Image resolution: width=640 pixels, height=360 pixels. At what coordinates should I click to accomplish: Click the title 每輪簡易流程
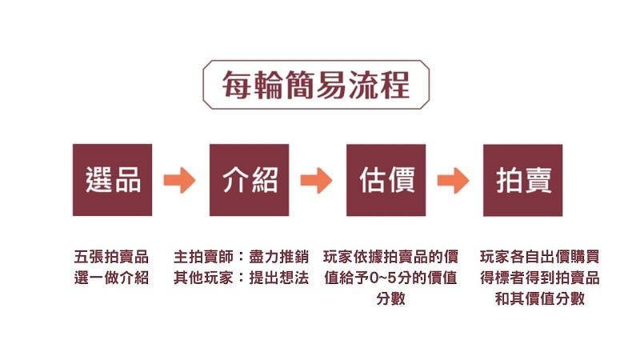[x=316, y=83]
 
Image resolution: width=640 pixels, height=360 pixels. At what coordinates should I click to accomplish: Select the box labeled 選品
[x=112, y=180]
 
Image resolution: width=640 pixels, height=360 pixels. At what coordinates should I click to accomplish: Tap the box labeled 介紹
[x=249, y=180]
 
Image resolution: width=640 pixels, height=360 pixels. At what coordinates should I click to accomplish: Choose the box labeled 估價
[x=386, y=180]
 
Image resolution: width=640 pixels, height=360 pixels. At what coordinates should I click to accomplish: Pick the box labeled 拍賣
[x=522, y=180]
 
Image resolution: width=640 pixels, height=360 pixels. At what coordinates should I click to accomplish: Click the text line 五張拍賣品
[x=111, y=258]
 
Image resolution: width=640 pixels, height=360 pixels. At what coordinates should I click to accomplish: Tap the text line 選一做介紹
[x=111, y=278]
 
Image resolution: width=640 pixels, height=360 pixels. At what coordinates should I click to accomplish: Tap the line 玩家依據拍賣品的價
[x=390, y=258]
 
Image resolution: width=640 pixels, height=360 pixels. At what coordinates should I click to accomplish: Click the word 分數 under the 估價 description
[x=390, y=299]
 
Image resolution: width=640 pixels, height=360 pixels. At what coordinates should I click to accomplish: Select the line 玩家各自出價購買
[x=539, y=258]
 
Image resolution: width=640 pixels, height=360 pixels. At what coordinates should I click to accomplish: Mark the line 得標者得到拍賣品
[x=539, y=278]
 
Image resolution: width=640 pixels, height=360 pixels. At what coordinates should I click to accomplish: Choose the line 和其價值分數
[x=539, y=299]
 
